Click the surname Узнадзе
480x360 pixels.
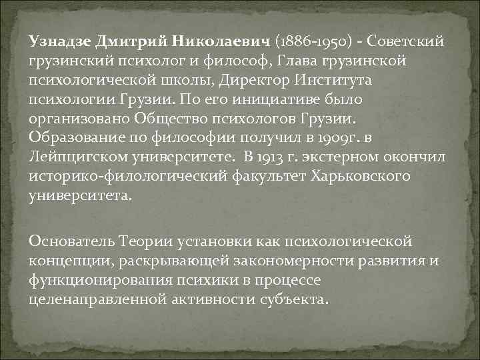pyautogui.click(x=60, y=41)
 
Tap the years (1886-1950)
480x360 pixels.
pyautogui.click(x=314, y=41)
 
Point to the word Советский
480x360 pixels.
pyautogui.click(x=405, y=41)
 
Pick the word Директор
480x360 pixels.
pyautogui.click(x=254, y=81)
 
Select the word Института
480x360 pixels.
pyautogui.click(x=333, y=80)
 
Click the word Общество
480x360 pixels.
pyautogui.click(x=171, y=118)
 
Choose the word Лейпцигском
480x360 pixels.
pyautogui.click(x=79, y=157)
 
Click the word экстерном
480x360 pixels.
pyautogui.click(x=340, y=157)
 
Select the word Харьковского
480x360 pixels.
pyautogui.click(x=360, y=177)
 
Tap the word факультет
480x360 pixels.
pyautogui.click(x=269, y=177)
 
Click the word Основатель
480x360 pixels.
pyautogui.click(x=72, y=241)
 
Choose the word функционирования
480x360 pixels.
pyautogui.click(x=101, y=281)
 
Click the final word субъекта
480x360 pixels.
pyautogui.click(x=295, y=300)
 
